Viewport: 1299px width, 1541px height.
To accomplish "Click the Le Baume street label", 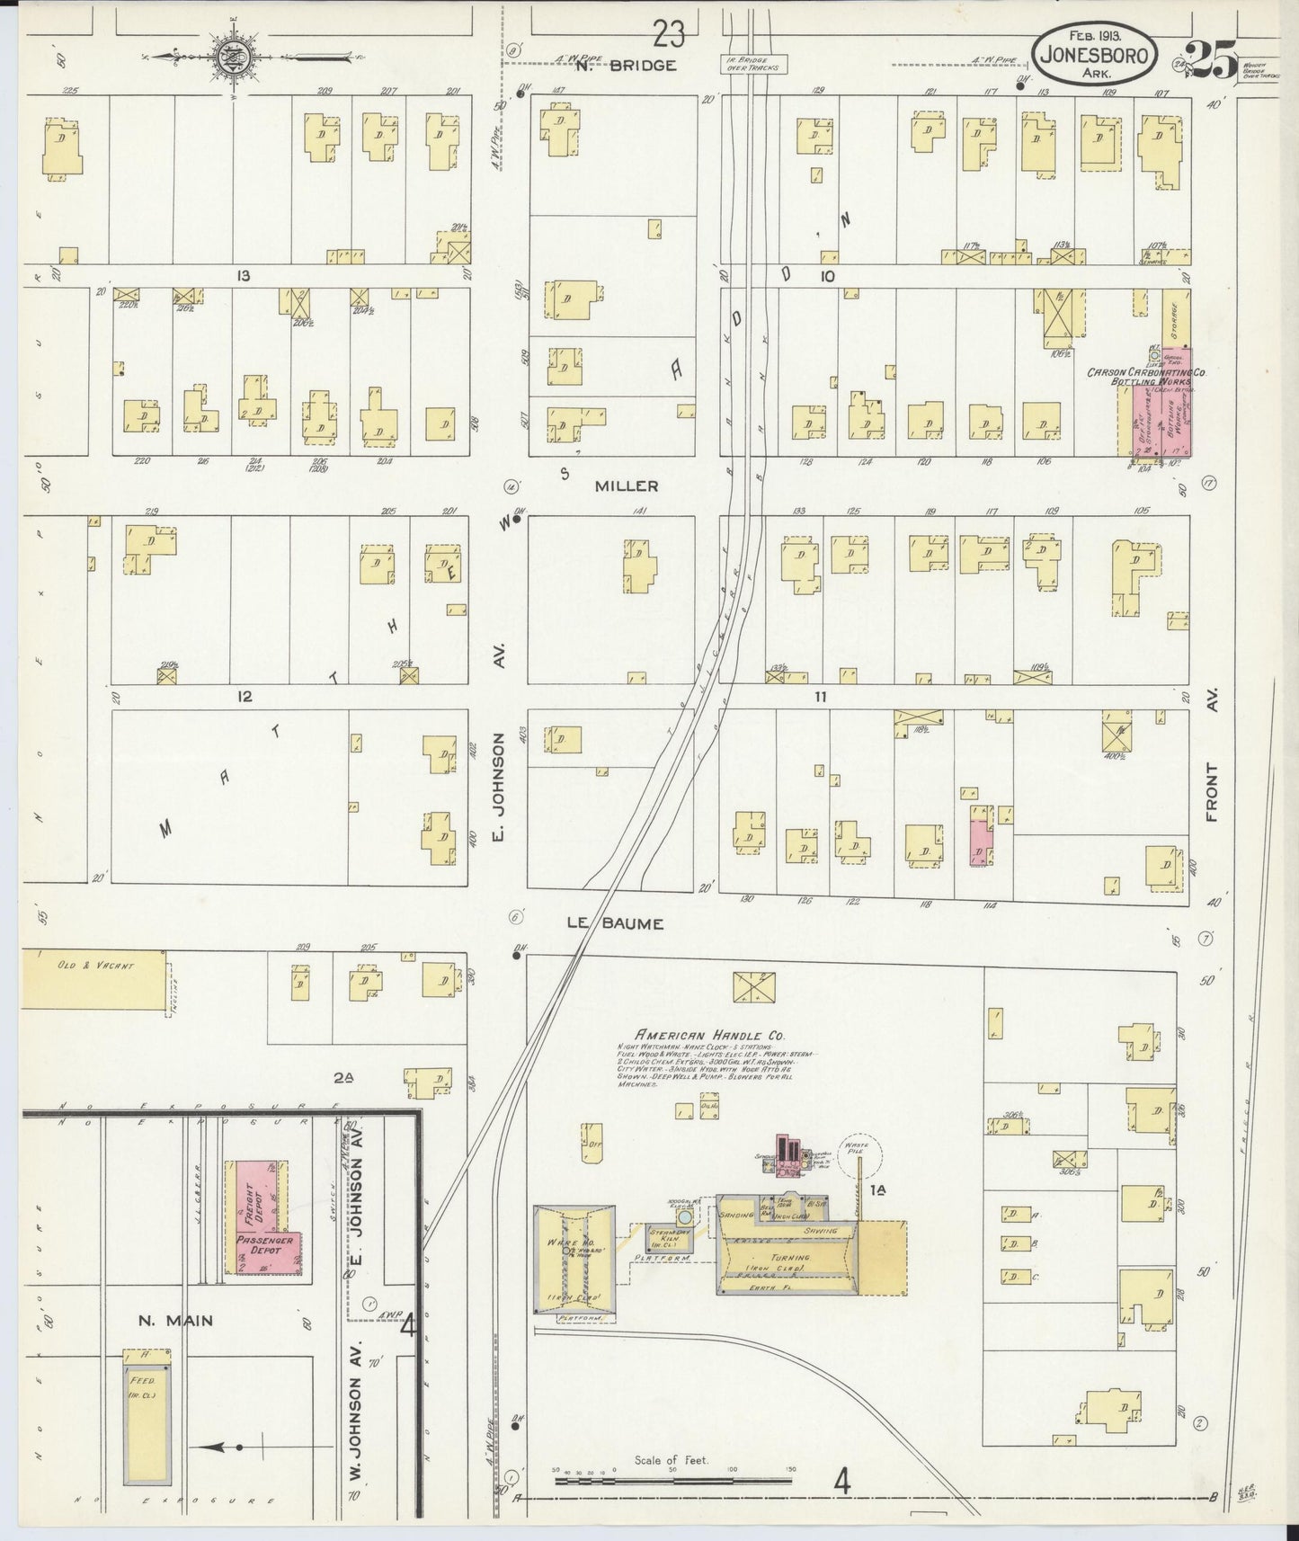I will click(x=615, y=923).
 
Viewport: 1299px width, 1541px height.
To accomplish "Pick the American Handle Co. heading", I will click(x=710, y=1035).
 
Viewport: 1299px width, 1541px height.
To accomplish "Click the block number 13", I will click(x=243, y=276).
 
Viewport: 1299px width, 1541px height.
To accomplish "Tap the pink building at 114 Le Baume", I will click(x=981, y=835).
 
